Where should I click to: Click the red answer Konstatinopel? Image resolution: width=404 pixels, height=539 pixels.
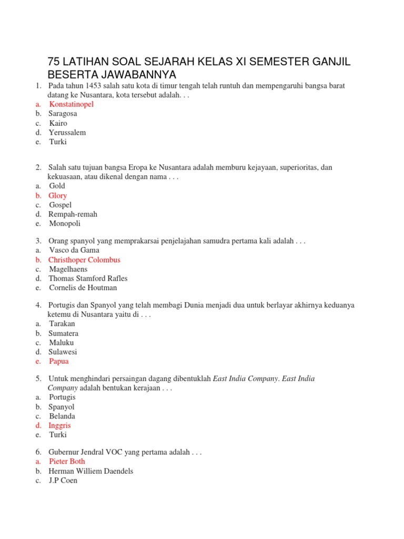pyautogui.click(x=71, y=104)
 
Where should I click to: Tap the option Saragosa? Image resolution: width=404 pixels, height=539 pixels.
pyautogui.click(x=63, y=114)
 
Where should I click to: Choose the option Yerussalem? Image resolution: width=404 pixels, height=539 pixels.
pyautogui.click(x=67, y=133)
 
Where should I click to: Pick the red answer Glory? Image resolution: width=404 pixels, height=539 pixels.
pyautogui.click(x=58, y=196)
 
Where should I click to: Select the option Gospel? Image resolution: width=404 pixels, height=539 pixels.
pyautogui.click(x=60, y=205)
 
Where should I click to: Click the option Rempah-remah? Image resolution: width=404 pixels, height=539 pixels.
pyautogui.click(x=73, y=214)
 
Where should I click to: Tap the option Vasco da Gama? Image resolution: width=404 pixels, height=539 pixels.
pyautogui.click(x=74, y=251)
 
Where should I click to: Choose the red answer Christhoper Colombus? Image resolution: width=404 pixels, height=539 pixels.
pyautogui.click(x=84, y=260)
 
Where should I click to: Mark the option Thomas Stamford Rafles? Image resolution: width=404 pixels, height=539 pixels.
pyautogui.click(x=88, y=278)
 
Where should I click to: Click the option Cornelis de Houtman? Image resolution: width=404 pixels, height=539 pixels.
pyautogui.click(x=83, y=288)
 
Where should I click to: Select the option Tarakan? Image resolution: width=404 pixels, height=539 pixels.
pyautogui.click(x=62, y=324)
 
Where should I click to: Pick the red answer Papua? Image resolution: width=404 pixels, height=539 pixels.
pyautogui.click(x=59, y=362)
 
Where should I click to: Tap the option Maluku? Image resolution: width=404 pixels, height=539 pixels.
pyautogui.click(x=62, y=343)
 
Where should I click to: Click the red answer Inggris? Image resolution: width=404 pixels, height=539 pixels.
pyautogui.click(x=59, y=425)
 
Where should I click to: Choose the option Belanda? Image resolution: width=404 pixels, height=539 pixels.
pyautogui.click(x=62, y=416)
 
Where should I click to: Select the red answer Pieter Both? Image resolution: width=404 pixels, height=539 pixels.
pyautogui.click(x=67, y=462)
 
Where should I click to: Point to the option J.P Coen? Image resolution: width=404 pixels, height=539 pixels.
pyautogui.click(x=63, y=481)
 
